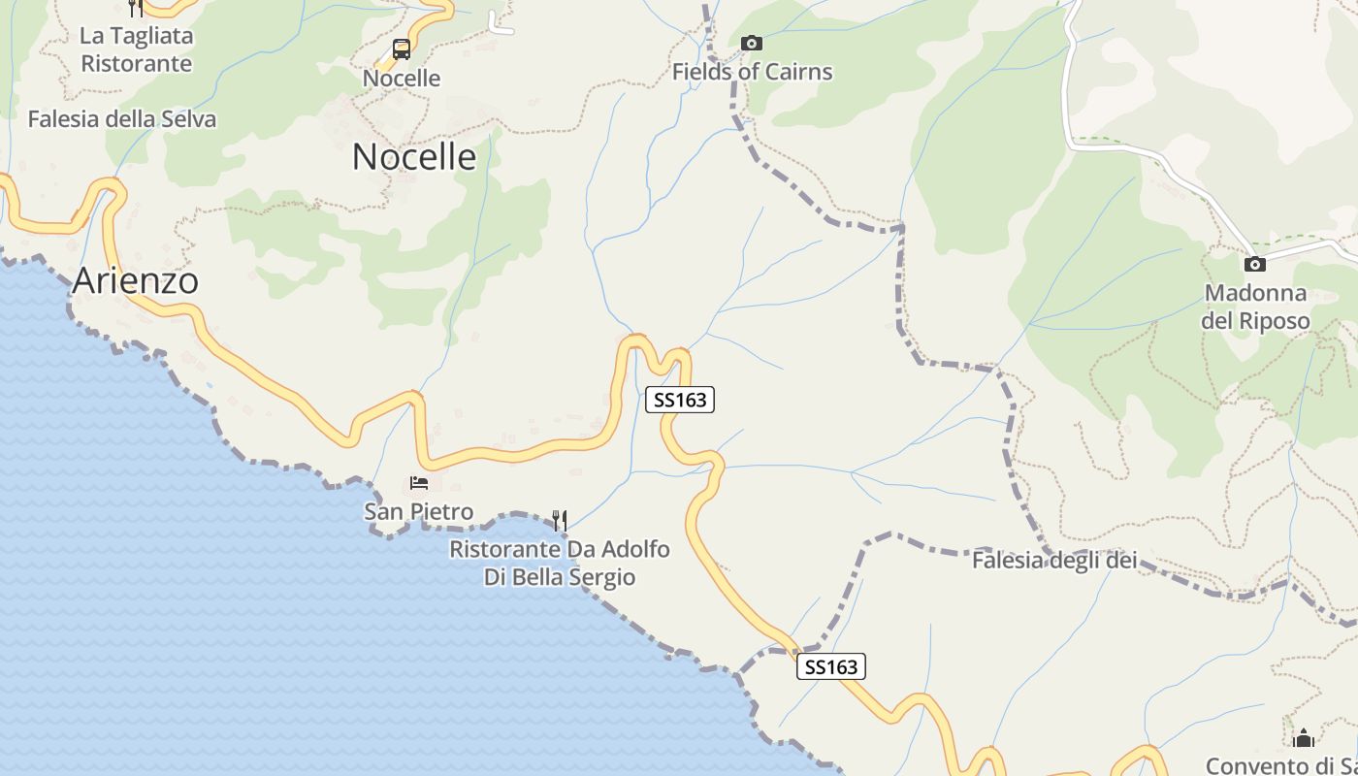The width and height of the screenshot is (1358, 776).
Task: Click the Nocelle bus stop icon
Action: (402, 49)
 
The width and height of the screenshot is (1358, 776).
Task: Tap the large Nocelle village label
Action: (414, 156)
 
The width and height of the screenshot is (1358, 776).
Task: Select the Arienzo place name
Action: (136, 281)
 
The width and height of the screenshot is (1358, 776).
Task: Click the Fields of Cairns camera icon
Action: (752, 43)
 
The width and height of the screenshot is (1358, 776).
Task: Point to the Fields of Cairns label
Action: (752, 72)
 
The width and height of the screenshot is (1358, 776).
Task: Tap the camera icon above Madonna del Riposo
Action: (1255, 264)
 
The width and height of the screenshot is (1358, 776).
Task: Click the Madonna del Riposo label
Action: (1255, 307)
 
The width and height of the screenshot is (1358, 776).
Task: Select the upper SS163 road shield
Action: (680, 400)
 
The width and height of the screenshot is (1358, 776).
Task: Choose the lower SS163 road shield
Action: (831, 666)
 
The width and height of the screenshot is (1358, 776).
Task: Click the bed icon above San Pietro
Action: (419, 482)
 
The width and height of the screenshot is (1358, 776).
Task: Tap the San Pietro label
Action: (419, 511)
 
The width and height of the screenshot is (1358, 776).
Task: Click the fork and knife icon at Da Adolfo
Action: (560, 521)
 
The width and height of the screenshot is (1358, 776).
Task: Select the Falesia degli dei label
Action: (1054, 560)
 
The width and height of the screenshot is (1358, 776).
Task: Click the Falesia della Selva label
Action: (122, 119)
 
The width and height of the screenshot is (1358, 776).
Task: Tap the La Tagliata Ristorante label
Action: (136, 49)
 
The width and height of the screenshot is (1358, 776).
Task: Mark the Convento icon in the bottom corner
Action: (1304, 738)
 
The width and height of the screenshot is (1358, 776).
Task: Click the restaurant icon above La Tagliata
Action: (136, 7)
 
